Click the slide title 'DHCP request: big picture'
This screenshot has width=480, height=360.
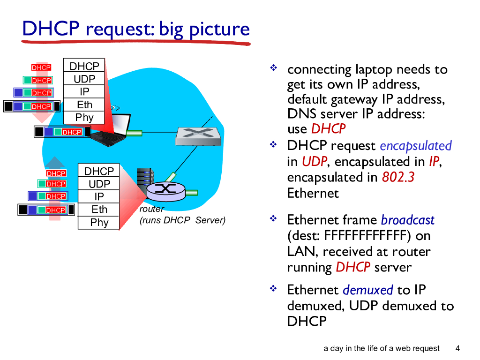pos(136,29)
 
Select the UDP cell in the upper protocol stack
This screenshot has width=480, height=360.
pos(84,79)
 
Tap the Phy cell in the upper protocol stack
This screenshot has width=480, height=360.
pos(84,118)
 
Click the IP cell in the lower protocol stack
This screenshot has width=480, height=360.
pos(99,197)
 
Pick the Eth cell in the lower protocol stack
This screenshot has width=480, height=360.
pos(99,210)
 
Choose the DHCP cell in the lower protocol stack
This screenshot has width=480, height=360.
pos(99,171)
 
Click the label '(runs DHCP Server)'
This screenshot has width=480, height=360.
pos(182,220)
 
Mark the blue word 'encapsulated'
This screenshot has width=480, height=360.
pos(416,146)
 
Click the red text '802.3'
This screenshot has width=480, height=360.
pos(398,177)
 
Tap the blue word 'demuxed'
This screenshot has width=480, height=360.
pos(368,290)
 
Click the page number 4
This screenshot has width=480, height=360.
pos(457,348)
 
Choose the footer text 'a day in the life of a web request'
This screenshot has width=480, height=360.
pos(382,348)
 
